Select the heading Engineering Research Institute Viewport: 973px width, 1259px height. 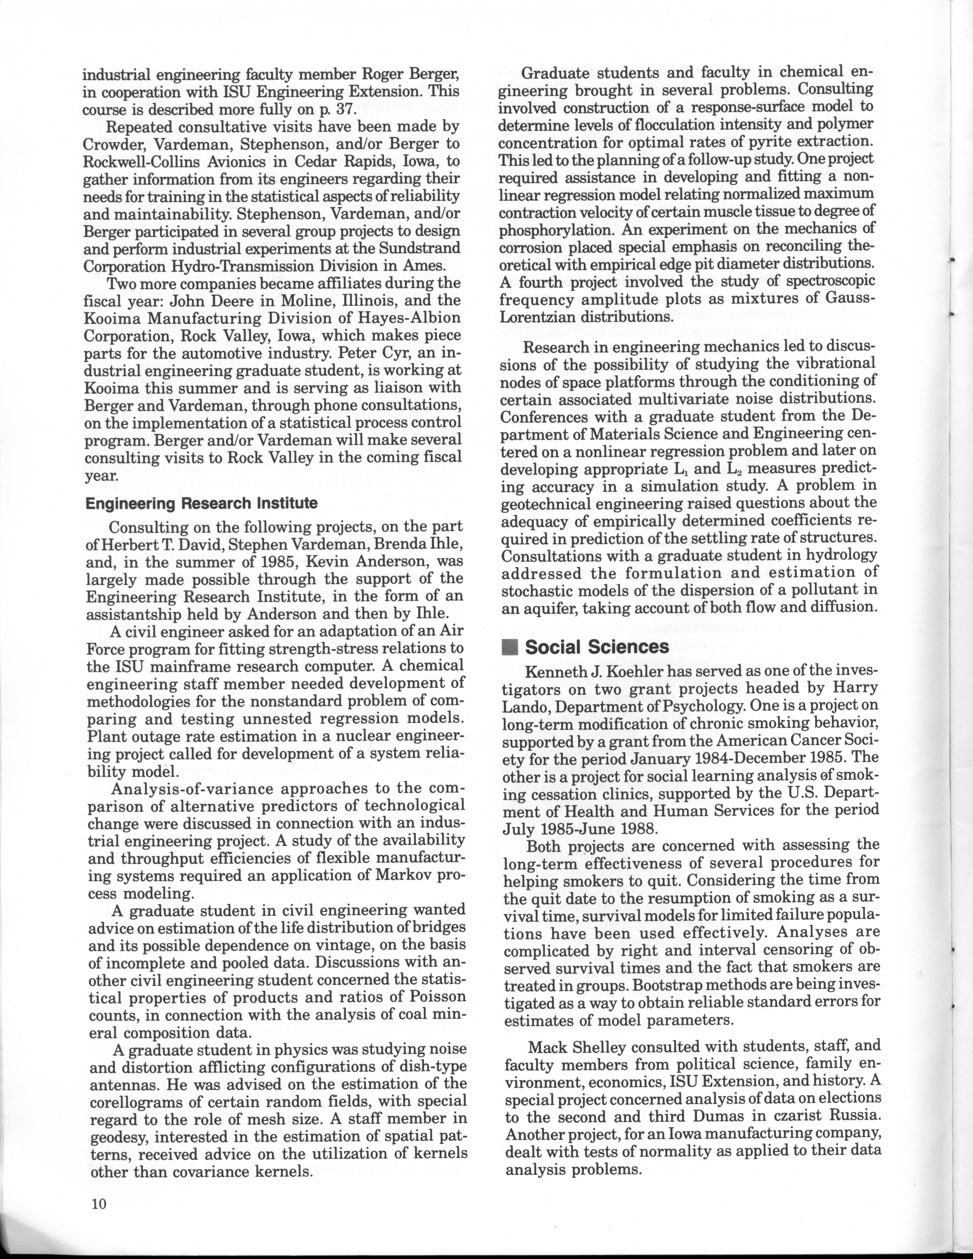201,503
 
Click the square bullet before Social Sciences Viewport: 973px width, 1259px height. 510,647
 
